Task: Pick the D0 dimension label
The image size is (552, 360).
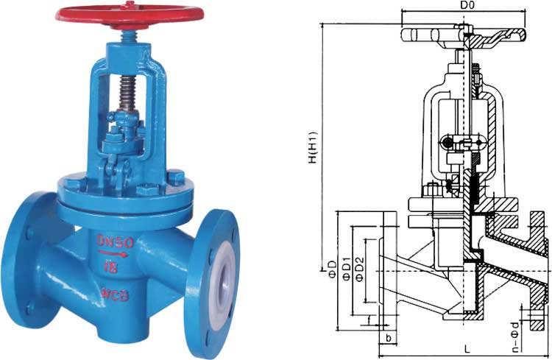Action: pyautogui.click(x=467, y=6)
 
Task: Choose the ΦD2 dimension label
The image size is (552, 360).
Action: pyautogui.click(x=360, y=270)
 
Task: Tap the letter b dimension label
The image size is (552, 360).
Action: pyautogui.click(x=387, y=338)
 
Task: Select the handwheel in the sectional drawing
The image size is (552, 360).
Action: pyautogui.click(x=464, y=34)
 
